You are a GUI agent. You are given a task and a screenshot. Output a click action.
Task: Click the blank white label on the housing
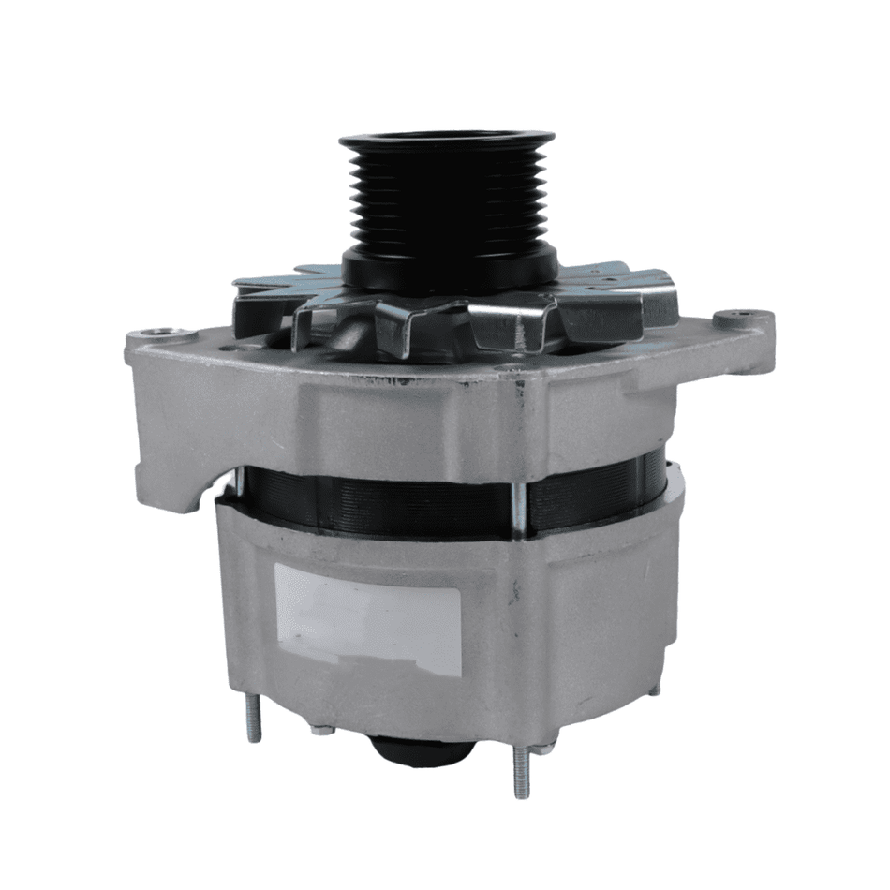click(x=367, y=618)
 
